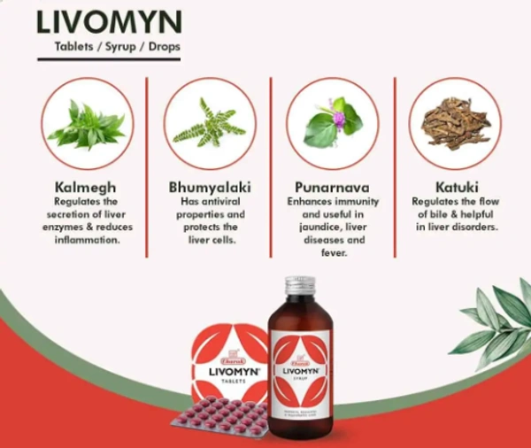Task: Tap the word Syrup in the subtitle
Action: (x=111, y=47)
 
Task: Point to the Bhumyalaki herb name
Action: (x=209, y=188)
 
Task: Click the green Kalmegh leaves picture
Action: (x=86, y=124)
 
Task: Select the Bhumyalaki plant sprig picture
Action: (x=209, y=124)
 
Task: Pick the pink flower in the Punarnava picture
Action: (x=337, y=116)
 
